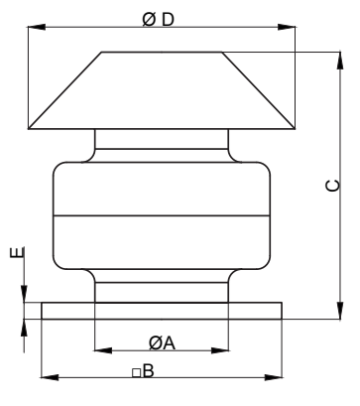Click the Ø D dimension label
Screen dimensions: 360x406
[158, 20]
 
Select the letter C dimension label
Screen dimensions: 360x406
[332, 186]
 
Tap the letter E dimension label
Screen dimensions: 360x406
[17, 252]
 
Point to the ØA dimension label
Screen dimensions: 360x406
[162, 343]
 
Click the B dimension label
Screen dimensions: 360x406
[149, 371]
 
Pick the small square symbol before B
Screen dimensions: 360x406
[137, 373]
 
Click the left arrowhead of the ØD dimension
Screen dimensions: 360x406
[37, 27]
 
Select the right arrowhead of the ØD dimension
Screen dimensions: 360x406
[287, 27]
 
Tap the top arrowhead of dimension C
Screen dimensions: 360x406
[340, 61]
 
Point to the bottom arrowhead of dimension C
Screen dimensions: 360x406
[340, 311]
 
